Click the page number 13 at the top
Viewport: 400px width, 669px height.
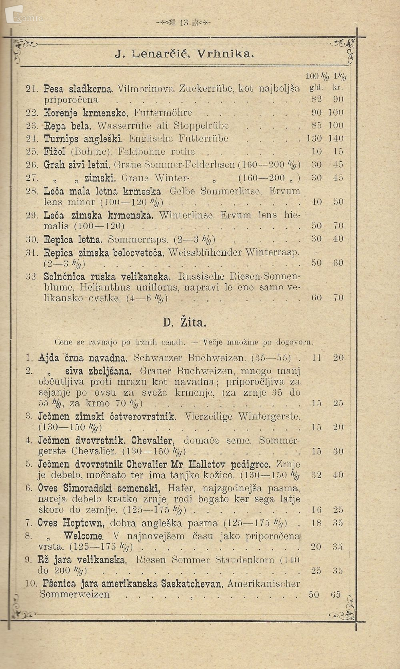click(x=184, y=23)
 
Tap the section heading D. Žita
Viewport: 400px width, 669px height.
click(x=184, y=322)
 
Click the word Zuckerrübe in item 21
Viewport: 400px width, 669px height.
click(x=206, y=88)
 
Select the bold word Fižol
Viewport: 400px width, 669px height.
click(x=55, y=152)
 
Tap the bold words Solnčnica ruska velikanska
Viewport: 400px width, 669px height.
click(x=108, y=276)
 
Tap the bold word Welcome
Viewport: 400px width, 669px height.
click(x=84, y=536)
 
